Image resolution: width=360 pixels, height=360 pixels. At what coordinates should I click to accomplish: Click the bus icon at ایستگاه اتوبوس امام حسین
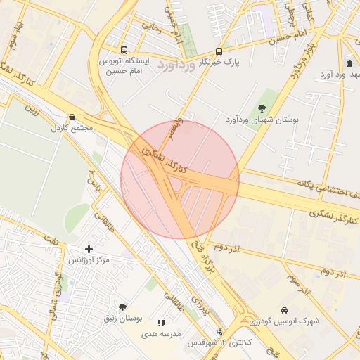[x=124, y=50]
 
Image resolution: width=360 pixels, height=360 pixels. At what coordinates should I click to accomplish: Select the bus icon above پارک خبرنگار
[x=219, y=51]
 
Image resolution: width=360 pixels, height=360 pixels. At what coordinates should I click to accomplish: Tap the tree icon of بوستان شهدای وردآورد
[x=262, y=108]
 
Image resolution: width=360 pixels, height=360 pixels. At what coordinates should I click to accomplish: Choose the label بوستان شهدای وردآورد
[x=262, y=121]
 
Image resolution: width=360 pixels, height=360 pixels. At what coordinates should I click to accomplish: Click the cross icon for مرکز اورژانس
[x=89, y=249]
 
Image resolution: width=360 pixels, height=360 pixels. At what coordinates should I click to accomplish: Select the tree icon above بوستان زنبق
[x=123, y=307]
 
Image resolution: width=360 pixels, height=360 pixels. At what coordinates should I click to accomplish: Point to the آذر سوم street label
[x=300, y=283]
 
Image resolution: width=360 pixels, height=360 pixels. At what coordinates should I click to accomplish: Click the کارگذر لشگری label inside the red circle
[x=163, y=160]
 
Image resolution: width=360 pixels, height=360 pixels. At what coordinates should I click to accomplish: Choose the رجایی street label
[x=153, y=29]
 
